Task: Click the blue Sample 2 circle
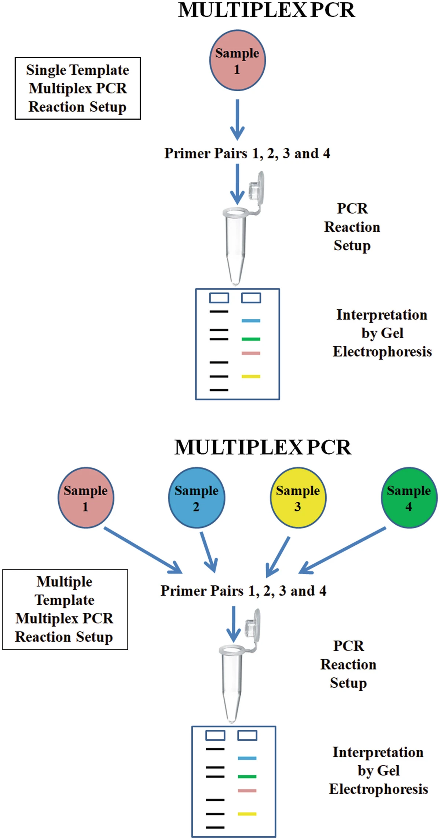coord(197,498)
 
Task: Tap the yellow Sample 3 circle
coord(298,498)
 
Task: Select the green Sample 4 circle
coord(409,498)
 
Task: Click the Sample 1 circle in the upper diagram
coord(237,60)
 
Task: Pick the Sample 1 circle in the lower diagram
coord(86,498)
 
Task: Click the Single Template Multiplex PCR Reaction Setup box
coord(78,88)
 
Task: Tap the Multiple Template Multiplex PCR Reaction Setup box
coord(65,609)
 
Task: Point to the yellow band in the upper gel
coord(251,376)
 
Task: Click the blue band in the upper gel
coord(251,321)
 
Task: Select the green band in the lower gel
coord(247,777)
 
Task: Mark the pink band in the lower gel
coord(247,791)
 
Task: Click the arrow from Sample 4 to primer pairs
coord(343,550)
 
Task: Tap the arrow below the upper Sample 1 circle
coord(237,119)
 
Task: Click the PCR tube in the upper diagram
coord(235,246)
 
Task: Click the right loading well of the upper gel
coord(251,298)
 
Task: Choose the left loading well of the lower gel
coord(215,735)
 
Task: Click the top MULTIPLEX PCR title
coord(267,10)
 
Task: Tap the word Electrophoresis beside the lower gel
coord(378,789)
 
